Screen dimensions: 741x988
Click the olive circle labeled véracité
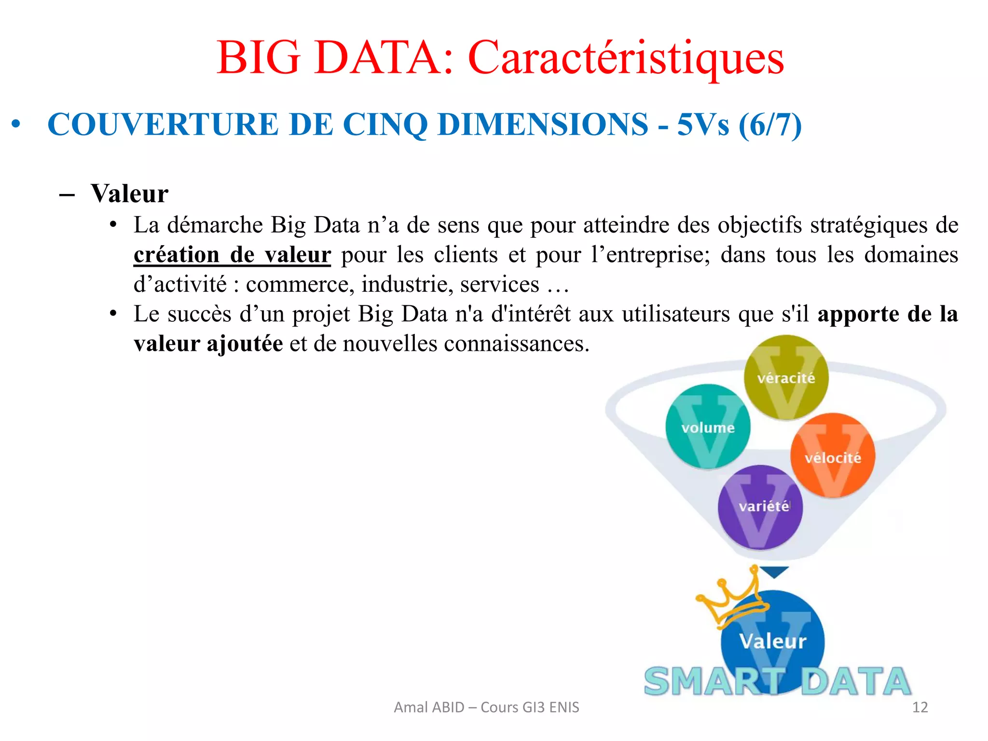[786, 377]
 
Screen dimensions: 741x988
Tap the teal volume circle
[708, 427]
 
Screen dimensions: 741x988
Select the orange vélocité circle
[832, 456]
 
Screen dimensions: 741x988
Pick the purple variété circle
[760, 507]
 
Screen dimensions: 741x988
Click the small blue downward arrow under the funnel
[774, 572]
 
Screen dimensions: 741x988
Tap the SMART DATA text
[777, 681]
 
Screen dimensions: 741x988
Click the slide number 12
[920, 707]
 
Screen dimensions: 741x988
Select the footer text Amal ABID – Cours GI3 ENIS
[486, 707]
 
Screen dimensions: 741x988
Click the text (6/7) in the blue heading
[770, 124]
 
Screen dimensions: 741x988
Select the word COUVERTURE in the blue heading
[163, 124]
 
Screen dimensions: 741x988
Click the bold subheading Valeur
[129, 193]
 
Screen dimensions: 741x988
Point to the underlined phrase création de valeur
[232, 255]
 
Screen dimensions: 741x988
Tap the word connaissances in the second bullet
[517, 343]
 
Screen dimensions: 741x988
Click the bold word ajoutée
[245, 343]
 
